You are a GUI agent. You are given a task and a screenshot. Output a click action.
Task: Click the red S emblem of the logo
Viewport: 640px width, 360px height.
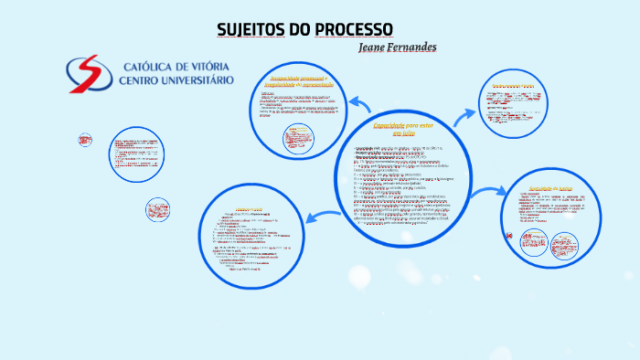(85, 74)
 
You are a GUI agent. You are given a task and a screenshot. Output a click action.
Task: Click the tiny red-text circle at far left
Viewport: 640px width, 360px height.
(85, 140)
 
